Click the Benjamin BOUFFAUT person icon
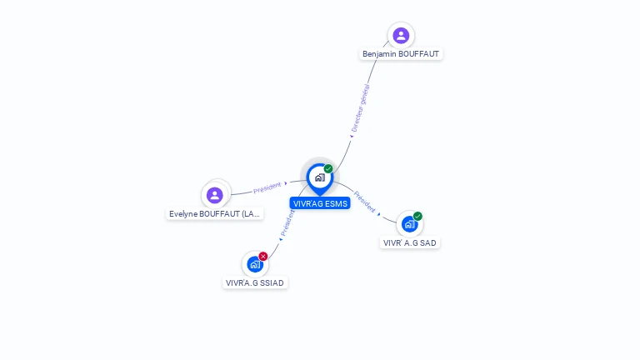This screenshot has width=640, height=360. [401, 36]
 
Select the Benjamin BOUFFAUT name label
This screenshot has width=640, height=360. [401, 54]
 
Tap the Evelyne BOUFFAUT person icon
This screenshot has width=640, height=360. [215, 195]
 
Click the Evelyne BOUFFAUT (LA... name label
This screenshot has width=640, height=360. [215, 214]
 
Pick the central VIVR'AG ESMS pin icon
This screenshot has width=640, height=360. [320, 179]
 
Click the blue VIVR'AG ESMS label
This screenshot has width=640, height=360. [320, 203]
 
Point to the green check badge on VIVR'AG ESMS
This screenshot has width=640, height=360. [328, 168]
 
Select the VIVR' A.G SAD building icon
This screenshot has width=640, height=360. [409, 224]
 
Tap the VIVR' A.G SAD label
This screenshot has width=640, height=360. [409, 242]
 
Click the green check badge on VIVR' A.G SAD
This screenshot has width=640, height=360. [417, 216]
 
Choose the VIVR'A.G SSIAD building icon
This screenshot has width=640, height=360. [255, 264]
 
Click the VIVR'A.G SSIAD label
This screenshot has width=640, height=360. [255, 282]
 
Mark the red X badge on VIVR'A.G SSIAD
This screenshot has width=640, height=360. [263, 257]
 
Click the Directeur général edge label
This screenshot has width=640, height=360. [360, 108]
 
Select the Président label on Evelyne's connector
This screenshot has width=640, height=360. [267, 187]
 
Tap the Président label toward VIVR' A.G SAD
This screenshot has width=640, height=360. [364, 202]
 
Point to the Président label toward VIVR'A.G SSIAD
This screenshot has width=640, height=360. [287, 222]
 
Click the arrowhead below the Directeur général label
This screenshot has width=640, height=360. [352, 137]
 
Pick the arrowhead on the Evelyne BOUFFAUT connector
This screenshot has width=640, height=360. [286, 183]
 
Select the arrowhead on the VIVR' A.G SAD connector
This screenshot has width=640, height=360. [379, 214]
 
